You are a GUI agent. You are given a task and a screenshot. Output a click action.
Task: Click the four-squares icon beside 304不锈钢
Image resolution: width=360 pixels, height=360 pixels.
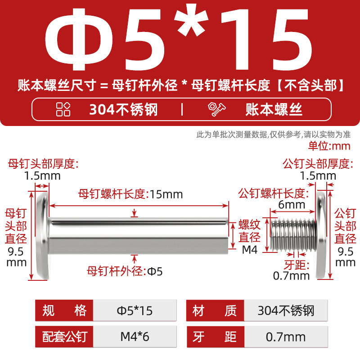(63, 109)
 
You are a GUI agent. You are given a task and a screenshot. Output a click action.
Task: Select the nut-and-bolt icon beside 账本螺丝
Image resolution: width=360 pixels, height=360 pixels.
(216, 109)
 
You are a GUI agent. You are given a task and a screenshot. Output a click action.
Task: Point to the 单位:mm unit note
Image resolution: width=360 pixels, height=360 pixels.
(329, 146)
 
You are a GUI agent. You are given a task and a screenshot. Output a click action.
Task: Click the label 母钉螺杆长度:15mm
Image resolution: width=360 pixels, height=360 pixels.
(130, 194)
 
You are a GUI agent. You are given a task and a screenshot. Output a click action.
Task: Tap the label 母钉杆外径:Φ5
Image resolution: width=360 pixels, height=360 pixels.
(125, 271)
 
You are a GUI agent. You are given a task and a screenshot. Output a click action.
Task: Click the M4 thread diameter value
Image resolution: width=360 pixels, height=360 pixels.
(250, 250)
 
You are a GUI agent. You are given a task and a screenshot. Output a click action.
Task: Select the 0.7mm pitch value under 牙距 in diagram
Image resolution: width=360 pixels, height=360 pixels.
(291, 276)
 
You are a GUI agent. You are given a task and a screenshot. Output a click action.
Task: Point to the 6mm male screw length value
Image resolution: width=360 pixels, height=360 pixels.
(292, 205)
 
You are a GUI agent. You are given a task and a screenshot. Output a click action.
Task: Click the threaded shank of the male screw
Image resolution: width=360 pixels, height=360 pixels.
(293, 235)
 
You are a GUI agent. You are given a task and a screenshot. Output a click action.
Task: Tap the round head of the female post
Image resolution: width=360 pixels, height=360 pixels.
(43, 235)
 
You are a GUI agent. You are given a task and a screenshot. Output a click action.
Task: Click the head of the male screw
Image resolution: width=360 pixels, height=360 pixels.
(321, 235)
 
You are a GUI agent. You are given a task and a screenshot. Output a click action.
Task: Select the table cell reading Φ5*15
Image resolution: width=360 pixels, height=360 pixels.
(135, 310)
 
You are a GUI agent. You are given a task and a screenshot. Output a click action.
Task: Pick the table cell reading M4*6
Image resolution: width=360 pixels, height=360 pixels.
(135, 337)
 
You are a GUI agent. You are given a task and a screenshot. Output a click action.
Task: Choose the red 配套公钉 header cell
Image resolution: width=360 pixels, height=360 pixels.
(64, 337)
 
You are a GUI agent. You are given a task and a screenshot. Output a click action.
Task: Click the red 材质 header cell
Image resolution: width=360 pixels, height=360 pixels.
(215, 310)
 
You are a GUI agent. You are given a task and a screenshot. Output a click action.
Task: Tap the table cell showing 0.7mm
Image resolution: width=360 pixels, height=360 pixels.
(286, 337)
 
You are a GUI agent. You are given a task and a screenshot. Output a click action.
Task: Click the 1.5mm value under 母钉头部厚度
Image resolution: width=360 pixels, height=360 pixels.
(42, 176)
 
